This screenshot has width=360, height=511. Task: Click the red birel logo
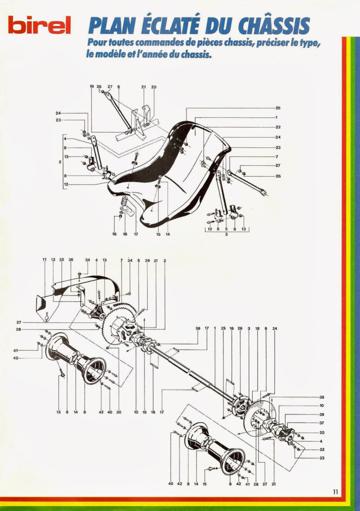click(x=39, y=25)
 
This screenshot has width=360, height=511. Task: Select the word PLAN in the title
click(x=109, y=26)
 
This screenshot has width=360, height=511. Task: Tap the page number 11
click(x=336, y=492)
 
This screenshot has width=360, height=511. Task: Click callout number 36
click(x=71, y=259)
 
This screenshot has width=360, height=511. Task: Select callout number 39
click(x=322, y=415)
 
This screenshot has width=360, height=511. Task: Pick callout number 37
click(x=322, y=423)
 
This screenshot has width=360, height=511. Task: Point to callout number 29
click(x=147, y=260)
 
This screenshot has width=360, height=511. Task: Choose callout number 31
click(x=156, y=260)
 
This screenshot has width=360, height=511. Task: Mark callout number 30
click(x=119, y=412)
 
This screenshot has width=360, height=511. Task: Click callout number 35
click(x=62, y=259)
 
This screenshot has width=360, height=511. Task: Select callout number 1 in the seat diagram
click(x=276, y=117)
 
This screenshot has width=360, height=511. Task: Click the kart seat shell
click(x=169, y=170)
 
